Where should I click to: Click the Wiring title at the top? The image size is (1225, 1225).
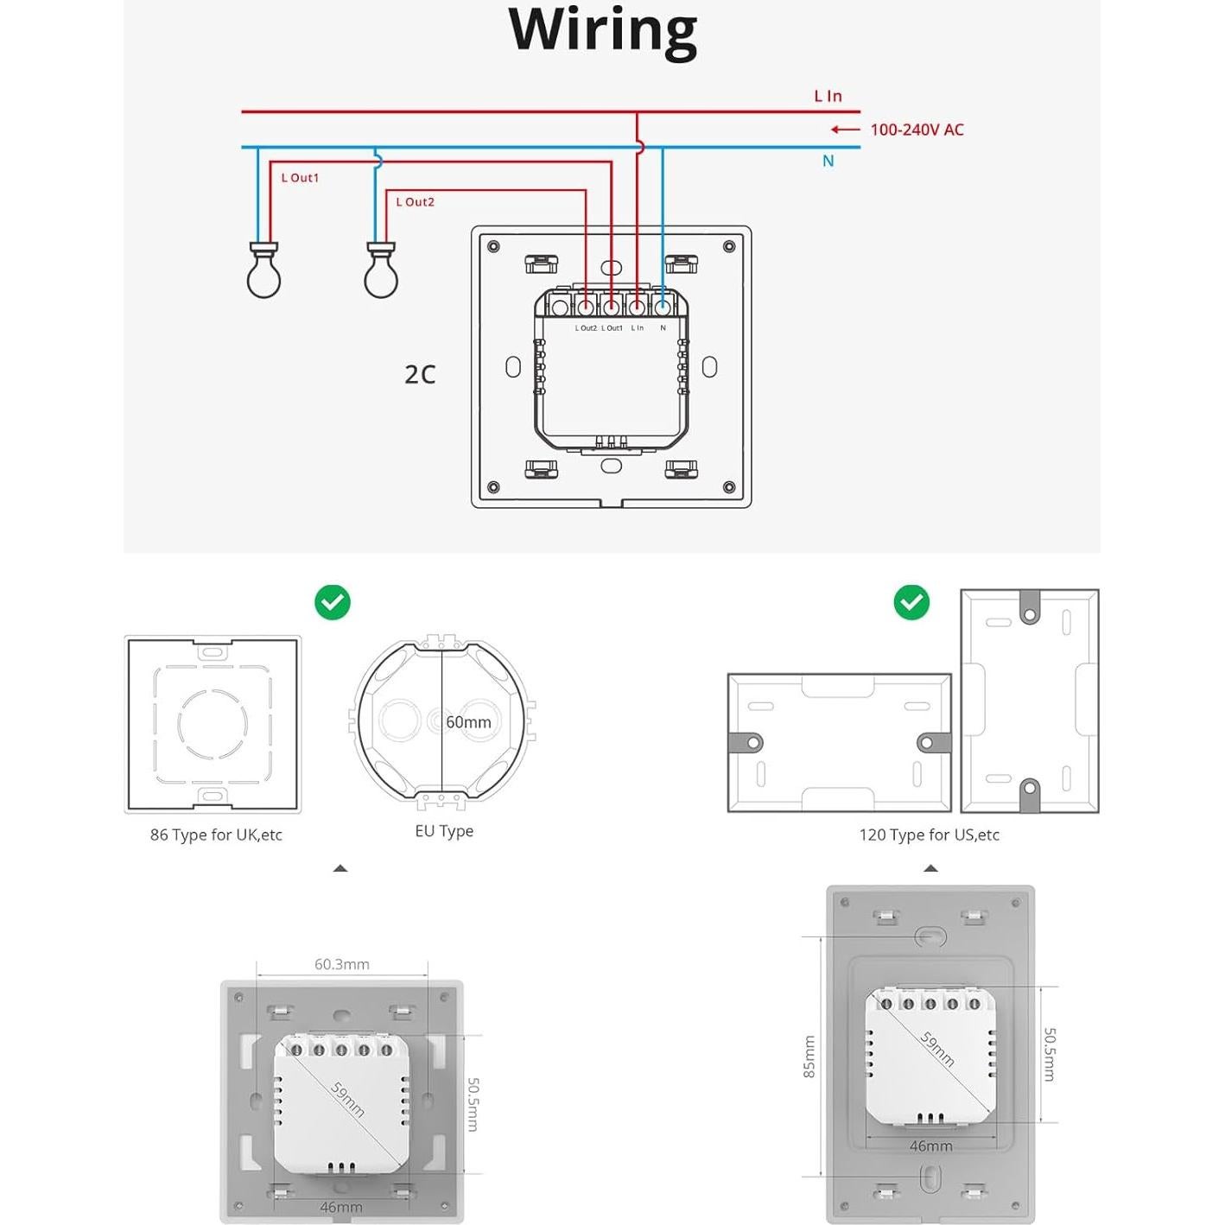602,30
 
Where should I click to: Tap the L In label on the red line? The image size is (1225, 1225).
828,96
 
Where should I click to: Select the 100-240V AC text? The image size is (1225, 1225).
917,130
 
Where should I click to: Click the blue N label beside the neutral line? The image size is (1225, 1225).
828,161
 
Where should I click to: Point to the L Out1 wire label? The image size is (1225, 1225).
300,178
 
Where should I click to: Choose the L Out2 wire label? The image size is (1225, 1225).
415,202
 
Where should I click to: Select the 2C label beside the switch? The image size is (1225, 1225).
420,374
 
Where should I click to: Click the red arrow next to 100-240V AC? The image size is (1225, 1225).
845,130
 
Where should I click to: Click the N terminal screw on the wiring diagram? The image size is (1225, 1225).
663,307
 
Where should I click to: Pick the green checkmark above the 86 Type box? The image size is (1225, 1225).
333,602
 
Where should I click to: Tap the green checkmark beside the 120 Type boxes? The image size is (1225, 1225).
911,602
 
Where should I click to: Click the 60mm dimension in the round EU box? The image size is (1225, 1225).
468,722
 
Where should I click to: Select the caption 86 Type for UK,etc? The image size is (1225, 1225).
216,835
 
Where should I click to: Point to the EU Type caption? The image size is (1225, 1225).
444,831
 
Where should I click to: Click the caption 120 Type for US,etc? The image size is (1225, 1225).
929,835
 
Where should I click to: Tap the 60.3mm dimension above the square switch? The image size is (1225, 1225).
341,964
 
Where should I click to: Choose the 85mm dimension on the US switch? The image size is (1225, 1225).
809,1057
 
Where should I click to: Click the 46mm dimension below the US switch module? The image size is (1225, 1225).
930,1146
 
